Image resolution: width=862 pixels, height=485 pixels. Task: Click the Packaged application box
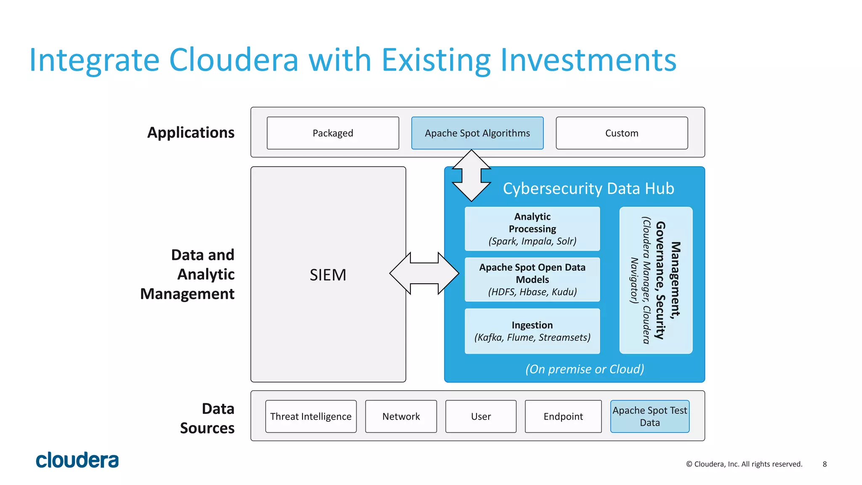(x=333, y=133)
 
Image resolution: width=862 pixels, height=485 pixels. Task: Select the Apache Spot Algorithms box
(x=477, y=133)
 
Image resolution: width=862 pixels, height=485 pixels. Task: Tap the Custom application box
(x=622, y=133)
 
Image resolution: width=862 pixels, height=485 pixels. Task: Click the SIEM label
(x=328, y=275)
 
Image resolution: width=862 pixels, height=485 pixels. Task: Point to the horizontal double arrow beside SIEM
(x=424, y=274)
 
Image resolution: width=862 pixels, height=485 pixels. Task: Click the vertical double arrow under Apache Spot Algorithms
(x=471, y=175)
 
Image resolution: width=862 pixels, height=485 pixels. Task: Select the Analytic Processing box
(x=532, y=229)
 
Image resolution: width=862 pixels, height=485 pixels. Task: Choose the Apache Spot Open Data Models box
(x=532, y=280)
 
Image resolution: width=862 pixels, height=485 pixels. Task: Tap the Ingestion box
(x=532, y=331)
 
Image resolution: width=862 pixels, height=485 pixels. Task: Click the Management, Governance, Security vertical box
(x=656, y=280)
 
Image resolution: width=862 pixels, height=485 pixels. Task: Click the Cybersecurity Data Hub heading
(x=588, y=188)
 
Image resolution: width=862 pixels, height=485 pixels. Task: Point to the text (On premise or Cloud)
(x=585, y=369)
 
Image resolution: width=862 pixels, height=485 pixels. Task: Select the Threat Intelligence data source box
(x=311, y=416)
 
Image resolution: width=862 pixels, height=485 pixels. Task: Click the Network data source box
(x=401, y=416)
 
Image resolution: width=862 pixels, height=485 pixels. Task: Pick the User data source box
(x=481, y=416)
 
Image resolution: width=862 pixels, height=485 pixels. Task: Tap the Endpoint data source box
(x=563, y=416)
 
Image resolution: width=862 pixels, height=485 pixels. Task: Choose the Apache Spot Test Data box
(x=649, y=416)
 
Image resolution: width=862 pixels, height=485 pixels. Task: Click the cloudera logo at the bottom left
(x=77, y=460)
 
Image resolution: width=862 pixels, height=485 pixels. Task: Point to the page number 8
(x=825, y=464)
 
